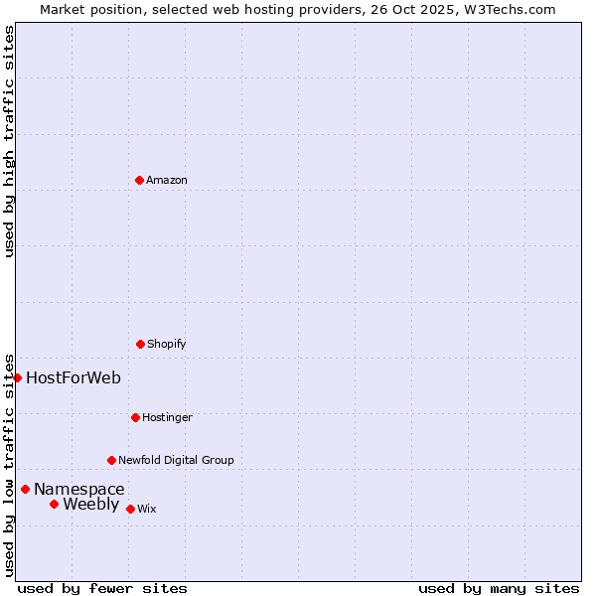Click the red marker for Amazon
139,180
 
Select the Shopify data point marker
140,344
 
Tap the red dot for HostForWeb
17,377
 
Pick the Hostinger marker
135,417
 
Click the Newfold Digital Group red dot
111,460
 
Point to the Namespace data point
25,489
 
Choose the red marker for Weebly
54,504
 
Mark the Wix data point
130,509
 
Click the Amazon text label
167,180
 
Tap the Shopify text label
167,344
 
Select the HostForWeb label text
74,377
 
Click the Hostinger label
167,417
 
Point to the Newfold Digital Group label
176,460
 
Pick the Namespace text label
79,489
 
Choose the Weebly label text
90,504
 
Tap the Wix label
147,509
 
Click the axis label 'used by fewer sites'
102,588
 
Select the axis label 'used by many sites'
499,588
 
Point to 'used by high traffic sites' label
9,141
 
